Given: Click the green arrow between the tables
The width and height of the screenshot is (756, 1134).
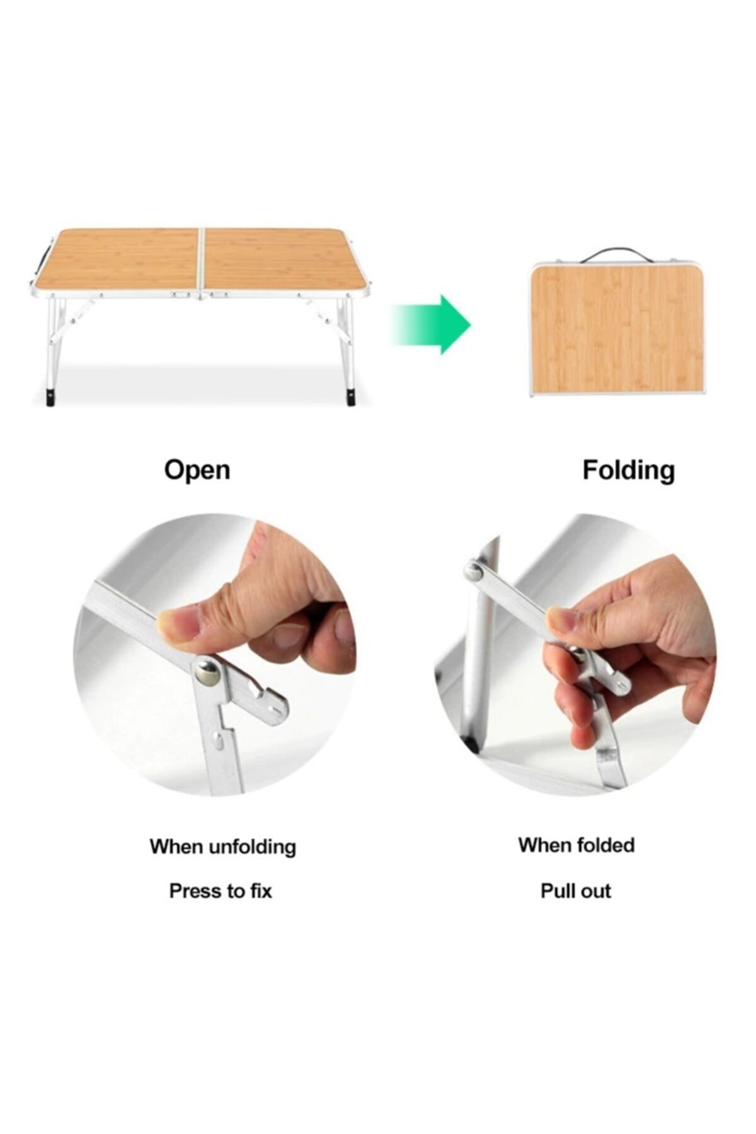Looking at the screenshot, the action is [x=431, y=324].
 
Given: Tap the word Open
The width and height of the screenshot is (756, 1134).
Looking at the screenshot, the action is [x=197, y=471].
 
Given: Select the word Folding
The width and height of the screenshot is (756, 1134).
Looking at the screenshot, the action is [x=628, y=471].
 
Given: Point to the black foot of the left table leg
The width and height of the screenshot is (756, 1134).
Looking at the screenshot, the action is [x=50, y=399].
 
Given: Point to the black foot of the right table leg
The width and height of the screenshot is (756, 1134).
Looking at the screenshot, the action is [x=350, y=398].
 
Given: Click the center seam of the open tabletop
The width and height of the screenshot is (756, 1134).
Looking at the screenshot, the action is [x=202, y=260].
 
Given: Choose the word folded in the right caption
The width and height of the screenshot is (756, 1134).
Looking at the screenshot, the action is [x=604, y=845].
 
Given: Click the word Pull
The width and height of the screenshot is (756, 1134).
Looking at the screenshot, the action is [x=558, y=891].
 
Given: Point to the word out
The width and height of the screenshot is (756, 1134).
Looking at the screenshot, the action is [x=596, y=891].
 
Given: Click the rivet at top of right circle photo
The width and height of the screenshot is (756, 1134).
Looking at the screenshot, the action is [x=473, y=571].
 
